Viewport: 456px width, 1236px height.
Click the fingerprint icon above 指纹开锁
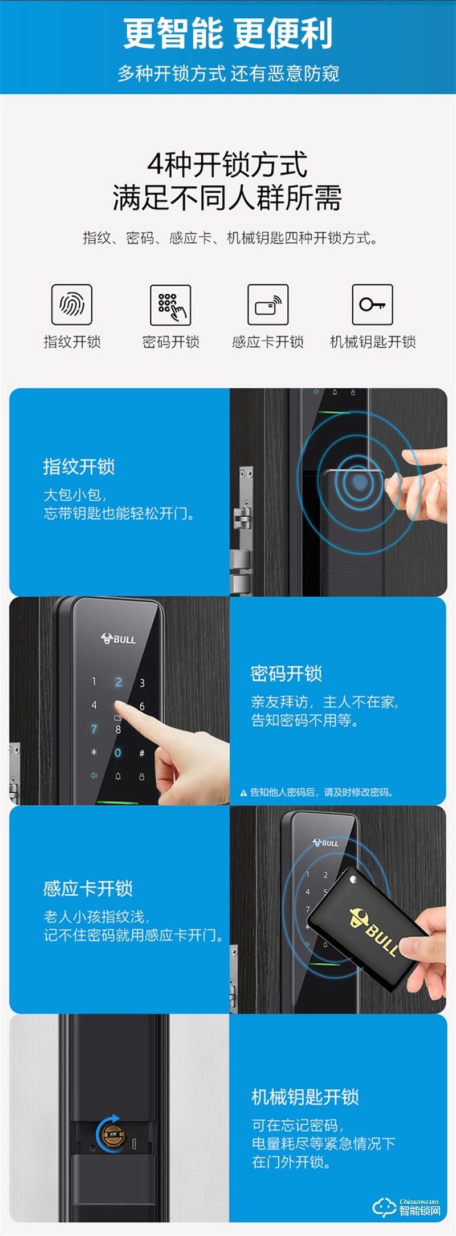[72, 305]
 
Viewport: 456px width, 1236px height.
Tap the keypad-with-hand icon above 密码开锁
[170, 305]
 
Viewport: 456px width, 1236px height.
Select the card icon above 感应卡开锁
[268, 305]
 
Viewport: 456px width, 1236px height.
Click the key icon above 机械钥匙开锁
[372, 305]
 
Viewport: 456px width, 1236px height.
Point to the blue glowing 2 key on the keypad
[119, 682]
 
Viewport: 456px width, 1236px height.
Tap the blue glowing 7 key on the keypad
[94, 728]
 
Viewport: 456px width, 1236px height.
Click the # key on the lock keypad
[142, 753]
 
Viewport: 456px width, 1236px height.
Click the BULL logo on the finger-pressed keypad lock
[119, 639]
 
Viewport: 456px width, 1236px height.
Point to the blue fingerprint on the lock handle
[360, 483]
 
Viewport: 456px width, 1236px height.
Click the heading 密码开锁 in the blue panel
[286, 674]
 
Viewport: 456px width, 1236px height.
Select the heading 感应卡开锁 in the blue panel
[88, 888]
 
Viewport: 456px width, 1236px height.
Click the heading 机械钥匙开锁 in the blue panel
[305, 1097]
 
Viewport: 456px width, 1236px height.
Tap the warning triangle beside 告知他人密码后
[243, 793]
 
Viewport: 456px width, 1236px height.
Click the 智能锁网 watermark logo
[407, 1207]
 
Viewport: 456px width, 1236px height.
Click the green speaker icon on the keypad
[94, 776]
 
